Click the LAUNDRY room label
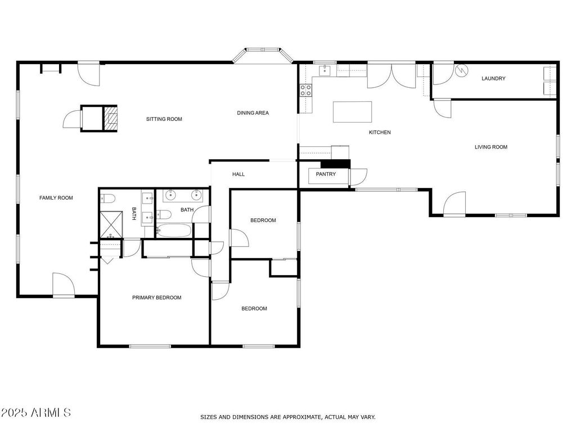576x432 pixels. [x=493, y=78]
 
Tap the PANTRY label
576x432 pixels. [x=326, y=174]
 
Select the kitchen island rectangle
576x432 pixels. [x=352, y=112]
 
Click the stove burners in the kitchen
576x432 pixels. [x=306, y=90]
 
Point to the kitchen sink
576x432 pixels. [x=325, y=70]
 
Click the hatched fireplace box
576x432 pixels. [x=110, y=118]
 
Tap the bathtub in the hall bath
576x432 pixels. [x=173, y=231]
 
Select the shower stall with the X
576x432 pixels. [x=111, y=224]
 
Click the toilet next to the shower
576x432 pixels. [x=107, y=199]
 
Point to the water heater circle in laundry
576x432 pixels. [x=461, y=70]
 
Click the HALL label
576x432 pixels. [x=238, y=174]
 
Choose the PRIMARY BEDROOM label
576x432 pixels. [x=157, y=298]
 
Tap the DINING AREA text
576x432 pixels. [x=253, y=112]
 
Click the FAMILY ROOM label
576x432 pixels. [x=56, y=197]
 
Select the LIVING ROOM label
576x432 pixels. [x=491, y=147]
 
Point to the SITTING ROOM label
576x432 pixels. [x=164, y=119]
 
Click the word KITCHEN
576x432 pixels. [x=380, y=132]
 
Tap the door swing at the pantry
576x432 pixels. [x=358, y=177]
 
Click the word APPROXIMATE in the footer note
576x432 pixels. [x=303, y=417]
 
